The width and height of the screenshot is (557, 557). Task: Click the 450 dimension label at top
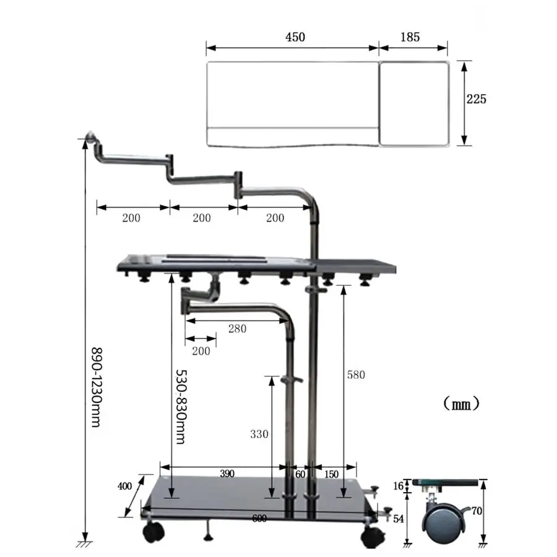coord(295,37)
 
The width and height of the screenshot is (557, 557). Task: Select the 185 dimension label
coord(409,37)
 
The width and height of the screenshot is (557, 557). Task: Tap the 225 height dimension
coord(477,99)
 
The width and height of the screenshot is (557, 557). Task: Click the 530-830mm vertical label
coord(181,407)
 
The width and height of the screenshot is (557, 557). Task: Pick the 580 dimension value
coord(356,374)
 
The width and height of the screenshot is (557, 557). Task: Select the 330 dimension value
coord(259,434)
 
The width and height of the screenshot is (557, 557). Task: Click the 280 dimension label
coord(236,329)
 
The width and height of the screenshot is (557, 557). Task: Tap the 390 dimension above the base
coord(227,474)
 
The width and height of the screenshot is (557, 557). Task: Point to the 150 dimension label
coord(331,474)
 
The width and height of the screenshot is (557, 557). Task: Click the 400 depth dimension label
coord(124,486)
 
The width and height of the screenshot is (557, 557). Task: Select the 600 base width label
coord(260,519)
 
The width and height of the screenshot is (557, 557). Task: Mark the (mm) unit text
coord(461,404)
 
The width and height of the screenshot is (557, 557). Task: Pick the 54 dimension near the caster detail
coord(399,518)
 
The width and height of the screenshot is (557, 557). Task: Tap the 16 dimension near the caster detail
coord(399,486)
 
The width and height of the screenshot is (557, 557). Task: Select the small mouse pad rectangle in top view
coord(413,104)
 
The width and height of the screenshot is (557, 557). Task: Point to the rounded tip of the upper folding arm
coord(90,136)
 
